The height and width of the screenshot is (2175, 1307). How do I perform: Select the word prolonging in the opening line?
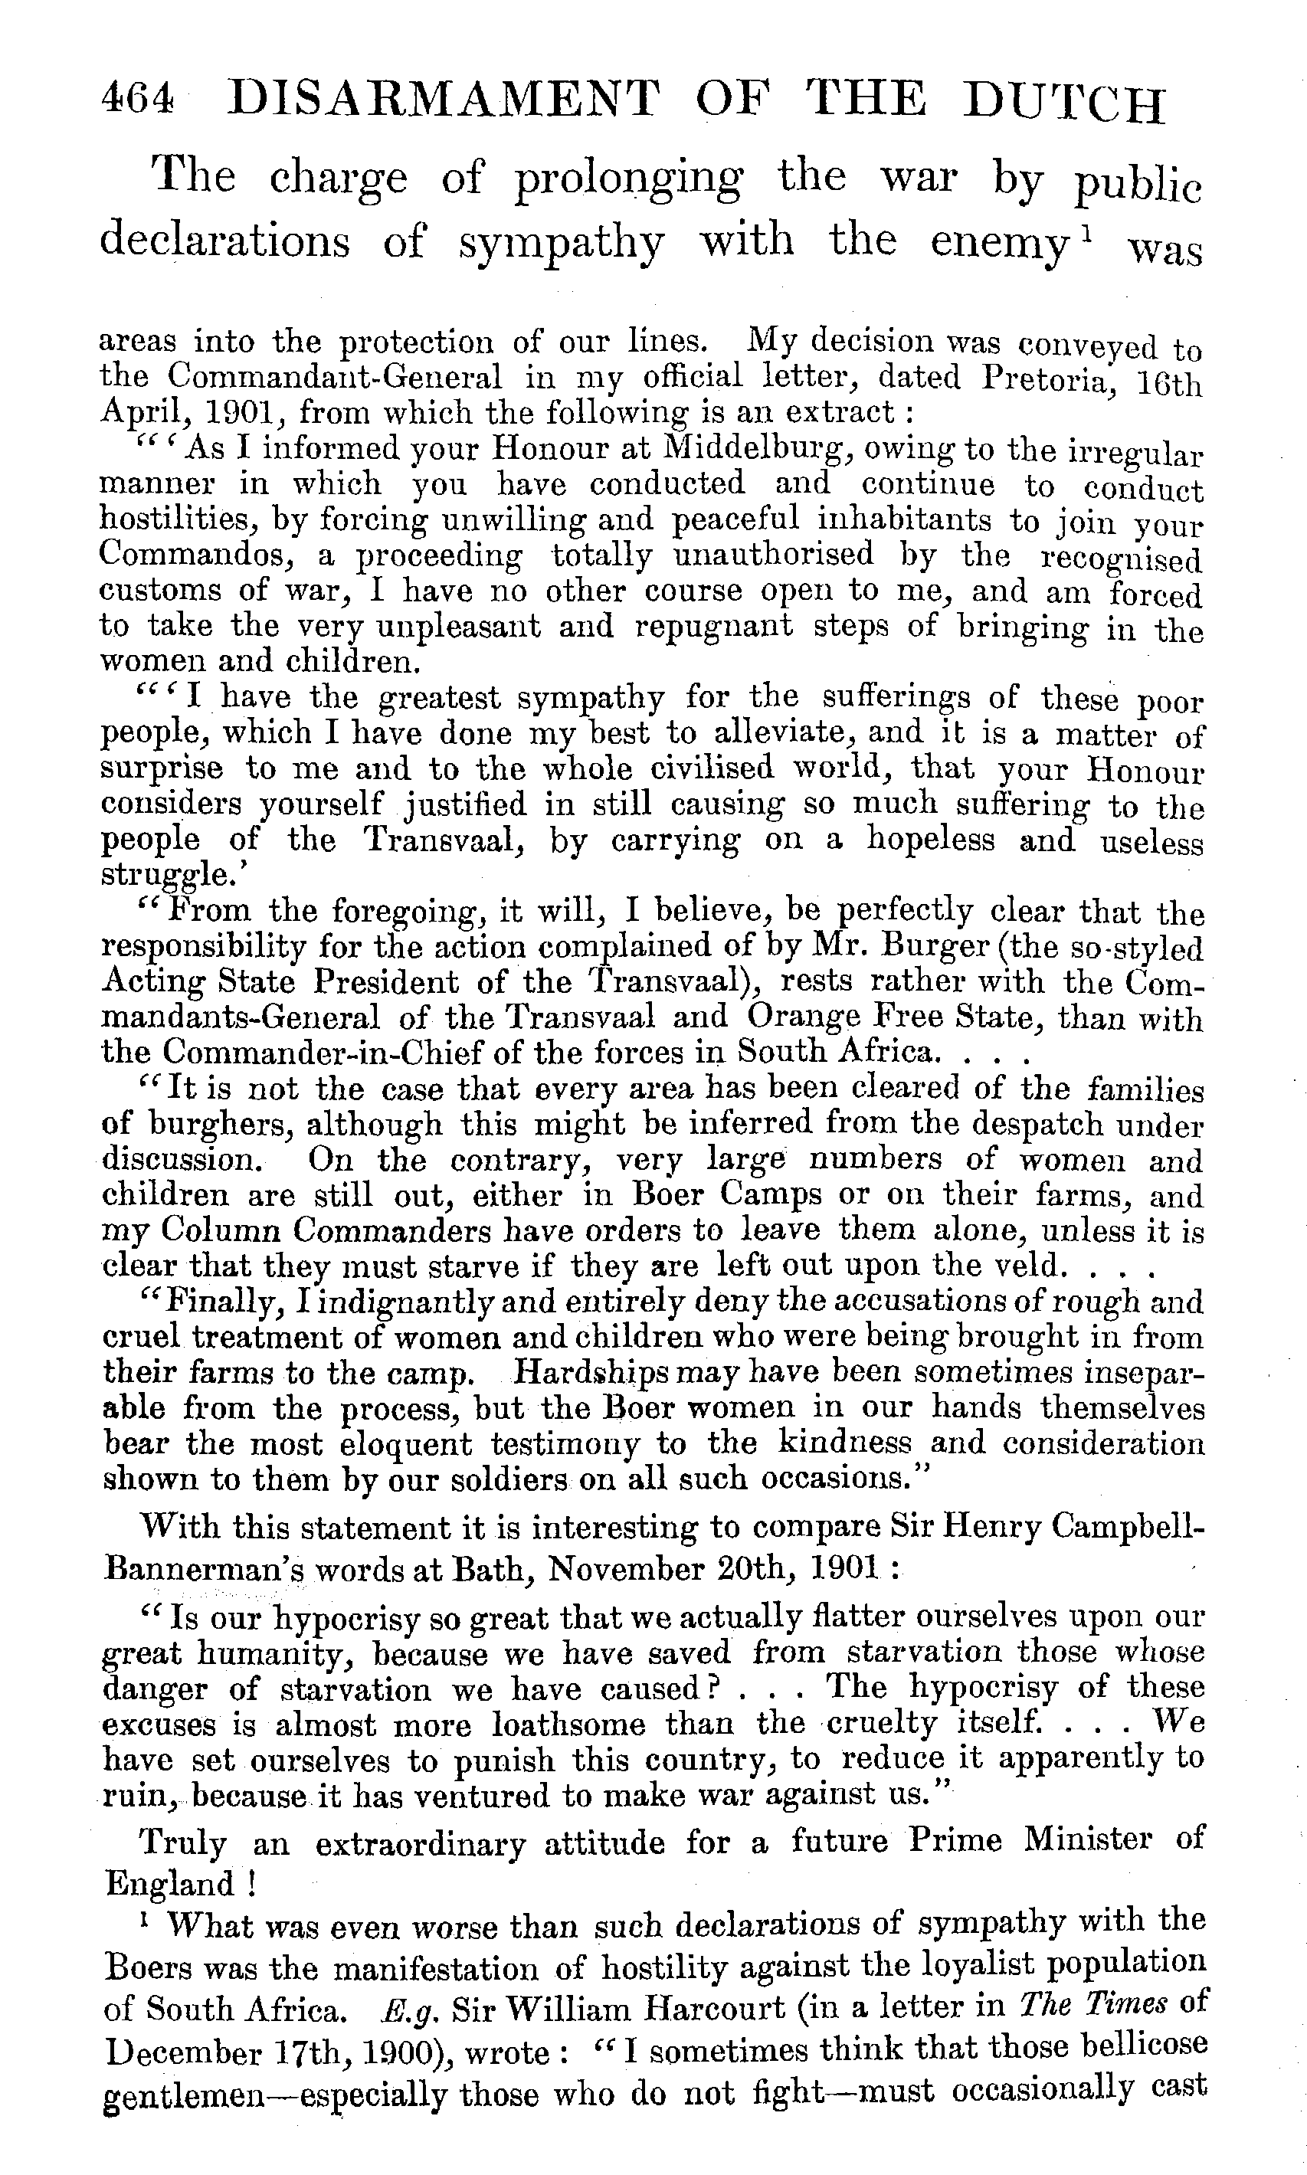[x=628, y=179]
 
